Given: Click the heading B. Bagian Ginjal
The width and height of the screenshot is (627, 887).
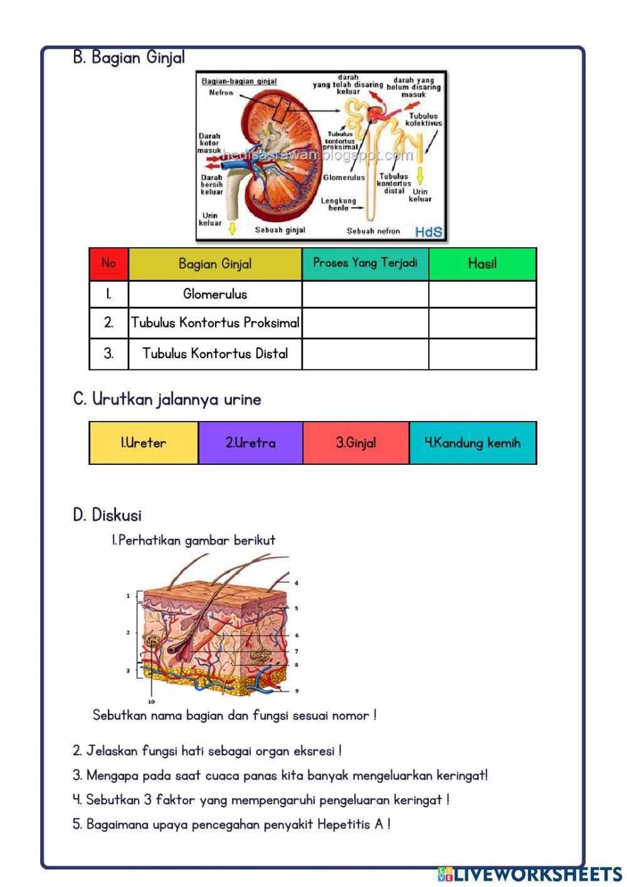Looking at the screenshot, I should coord(129,58).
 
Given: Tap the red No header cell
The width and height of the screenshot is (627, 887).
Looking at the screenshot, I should coord(108,263).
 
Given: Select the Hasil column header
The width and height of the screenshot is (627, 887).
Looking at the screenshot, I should coord(482,263).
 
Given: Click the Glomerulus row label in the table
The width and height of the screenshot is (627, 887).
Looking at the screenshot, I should coord(215,294).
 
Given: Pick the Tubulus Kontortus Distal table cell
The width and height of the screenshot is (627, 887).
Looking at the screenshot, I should coord(215,354).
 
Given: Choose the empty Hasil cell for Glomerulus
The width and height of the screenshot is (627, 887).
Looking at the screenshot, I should coord(482,294).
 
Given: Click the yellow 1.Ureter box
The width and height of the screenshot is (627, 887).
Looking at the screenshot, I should coord(144,443).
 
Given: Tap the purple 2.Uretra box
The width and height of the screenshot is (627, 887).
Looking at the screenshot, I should coord(250,443).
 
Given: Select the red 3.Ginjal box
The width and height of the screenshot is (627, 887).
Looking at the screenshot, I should coord(356,443).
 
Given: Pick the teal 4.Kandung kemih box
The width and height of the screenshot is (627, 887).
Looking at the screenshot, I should coord(473,443).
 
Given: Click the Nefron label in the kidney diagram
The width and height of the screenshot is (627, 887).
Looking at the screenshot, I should coord(221,93).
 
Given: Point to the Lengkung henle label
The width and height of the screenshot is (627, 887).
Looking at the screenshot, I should coord(339,204).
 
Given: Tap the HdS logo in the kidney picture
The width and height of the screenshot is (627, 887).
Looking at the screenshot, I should coord(429,232).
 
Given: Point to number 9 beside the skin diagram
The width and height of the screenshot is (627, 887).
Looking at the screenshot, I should coord(297,691).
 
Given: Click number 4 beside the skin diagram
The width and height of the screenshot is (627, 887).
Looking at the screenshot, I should coord(297,583).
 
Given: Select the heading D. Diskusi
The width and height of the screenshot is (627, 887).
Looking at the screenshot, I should coord(107,516).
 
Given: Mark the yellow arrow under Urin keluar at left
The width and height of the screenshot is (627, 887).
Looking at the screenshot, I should coord(232,228).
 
